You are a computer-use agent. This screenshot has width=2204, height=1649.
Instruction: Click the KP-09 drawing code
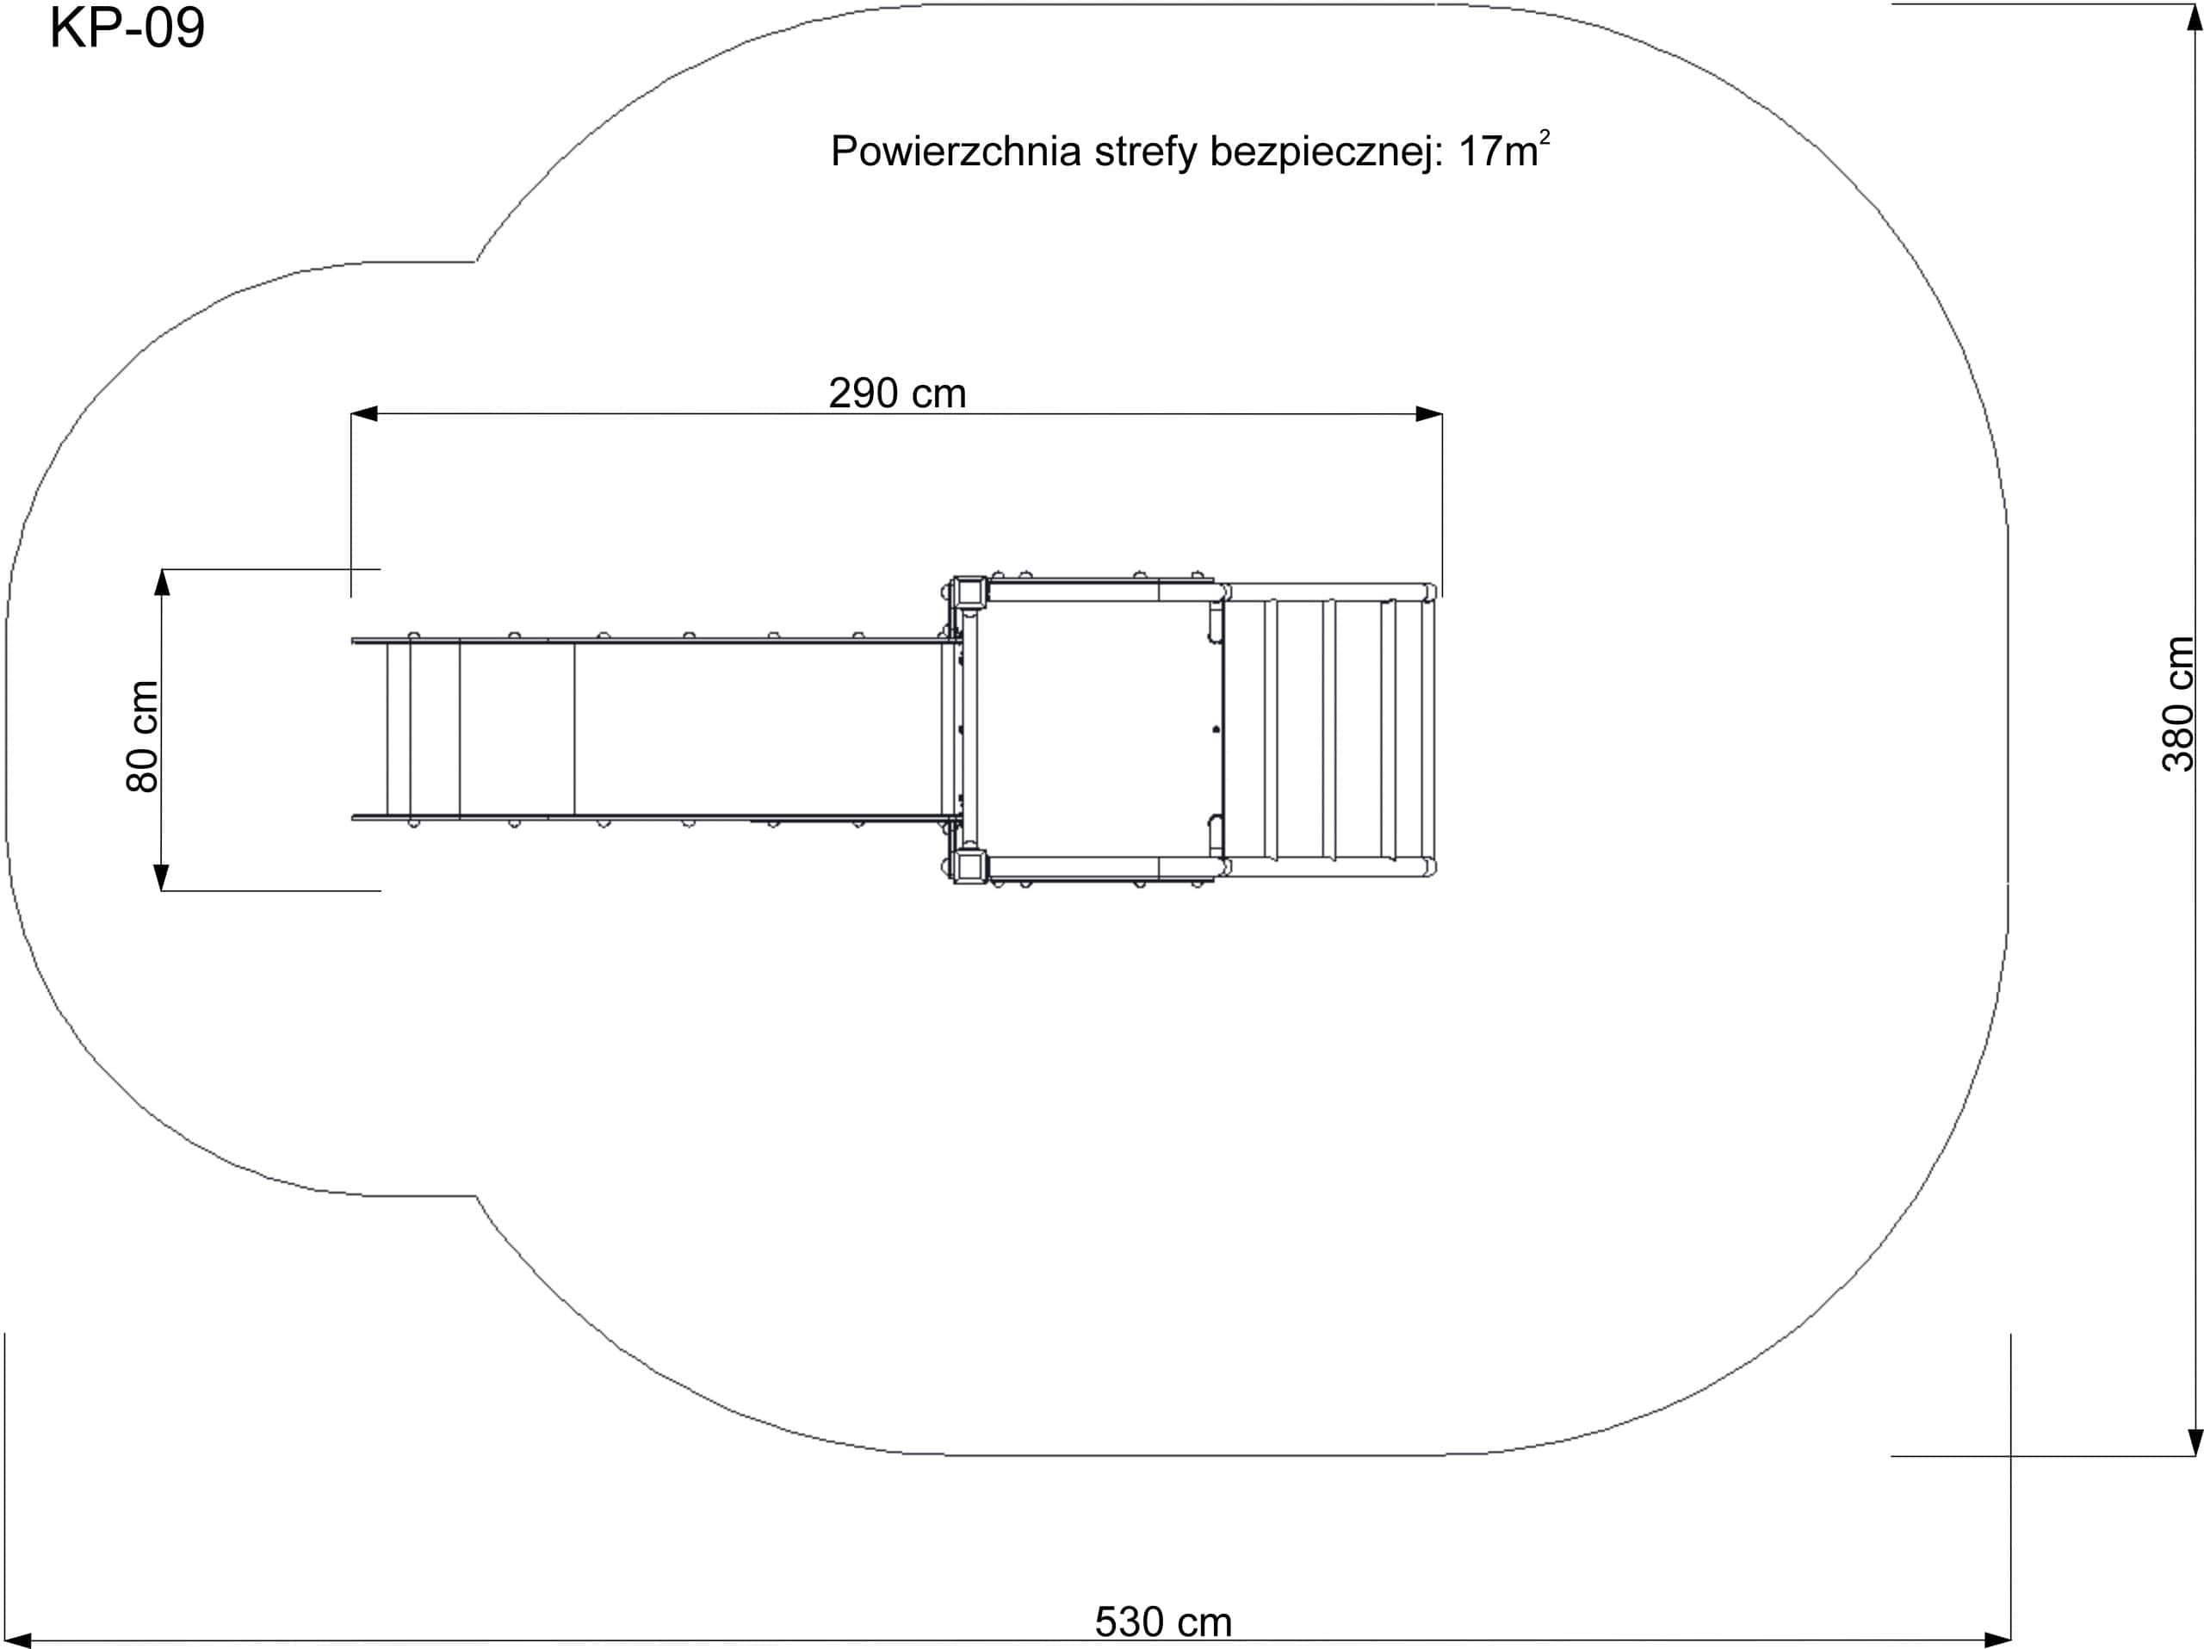point(127,28)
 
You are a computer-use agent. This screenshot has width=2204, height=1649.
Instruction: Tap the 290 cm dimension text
point(897,394)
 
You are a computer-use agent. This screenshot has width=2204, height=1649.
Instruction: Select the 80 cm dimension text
point(142,736)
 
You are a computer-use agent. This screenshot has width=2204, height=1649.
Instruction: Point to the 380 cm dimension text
point(2178,704)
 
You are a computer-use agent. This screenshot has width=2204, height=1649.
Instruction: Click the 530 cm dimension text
point(1163,1622)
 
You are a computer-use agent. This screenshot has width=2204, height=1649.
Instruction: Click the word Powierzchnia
point(957,152)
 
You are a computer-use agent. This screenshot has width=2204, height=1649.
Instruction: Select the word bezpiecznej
point(1326,152)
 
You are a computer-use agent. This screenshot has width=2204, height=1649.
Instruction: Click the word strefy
point(1146,152)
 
